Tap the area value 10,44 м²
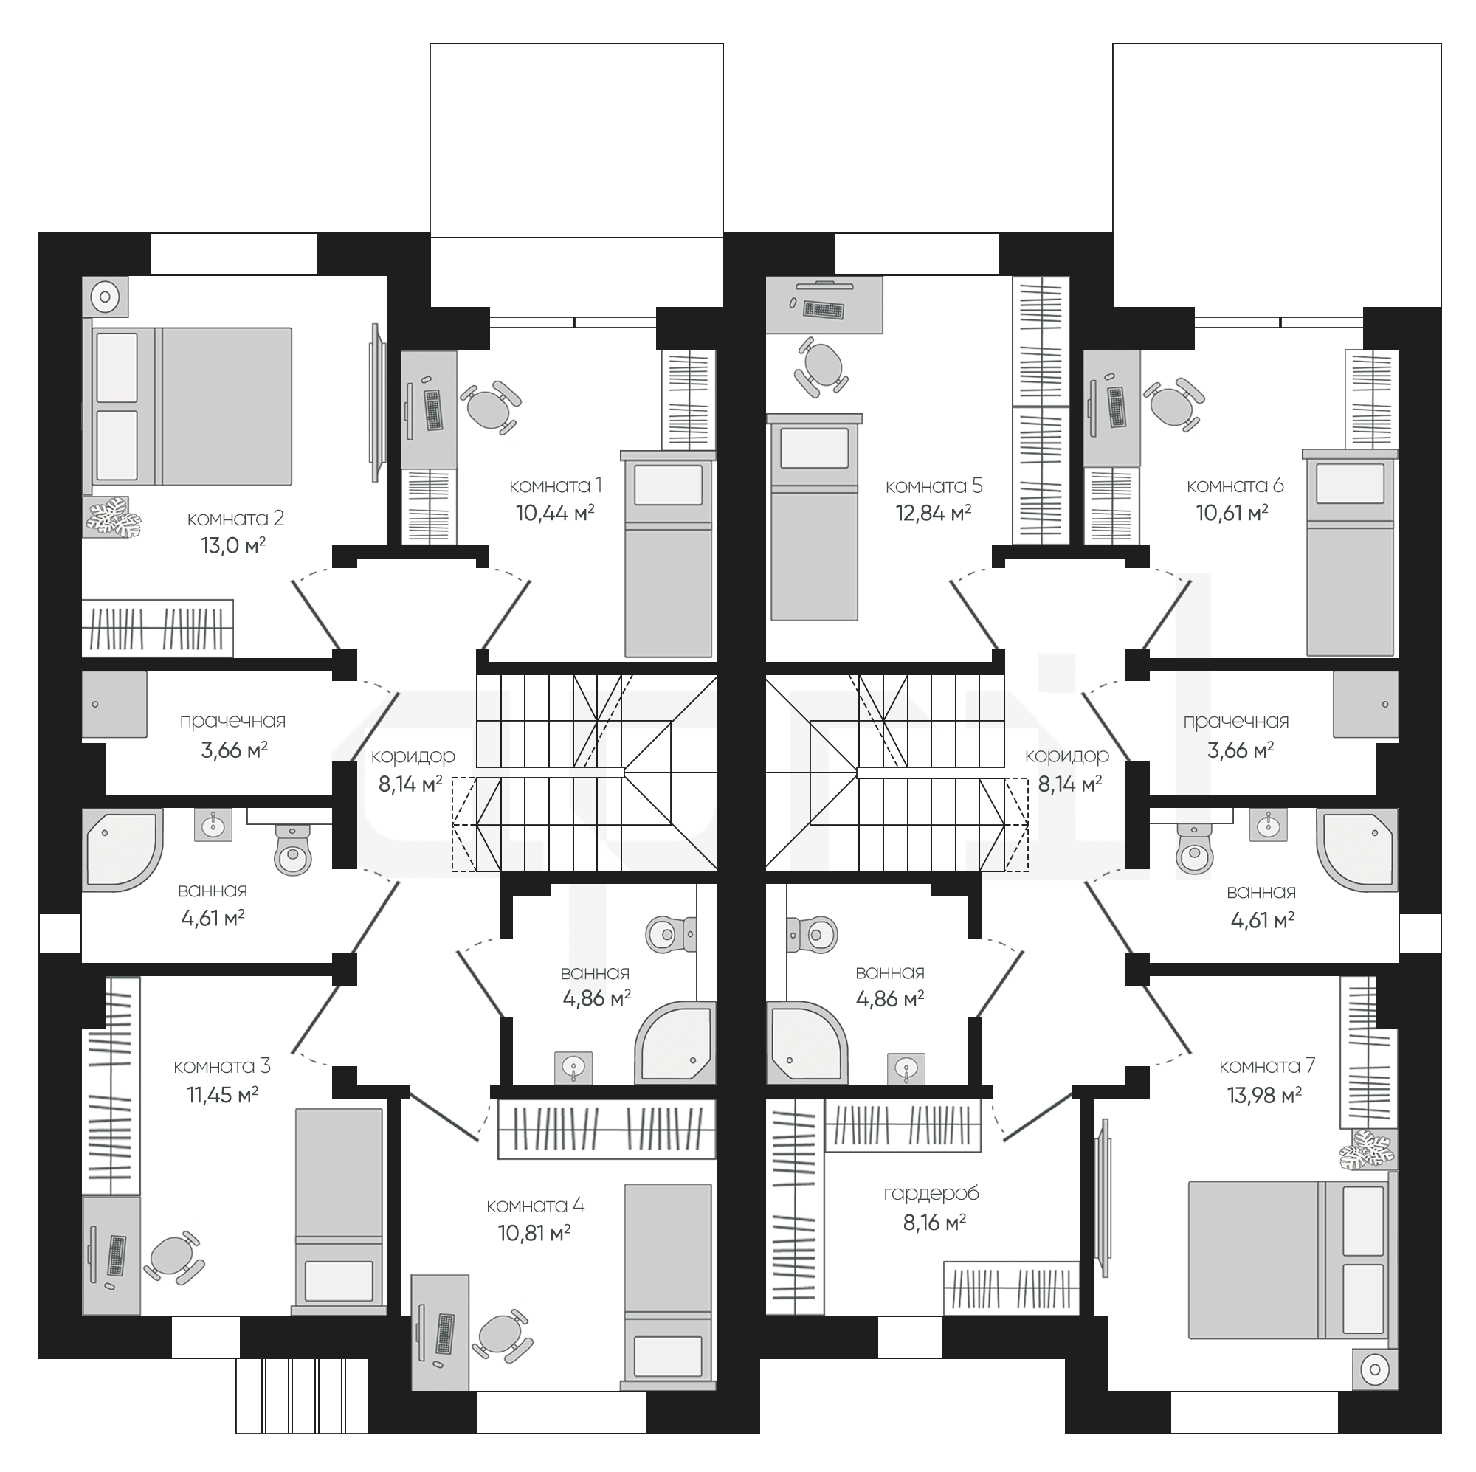click(555, 513)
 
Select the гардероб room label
click(931, 1193)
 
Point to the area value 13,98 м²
click(1264, 1096)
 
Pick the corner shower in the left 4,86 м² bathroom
click(675, 1043)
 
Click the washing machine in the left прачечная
click(114, 705)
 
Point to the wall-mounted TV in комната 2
click(375, 403)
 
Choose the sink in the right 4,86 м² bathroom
click(906, 1067)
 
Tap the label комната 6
click(1235, 485)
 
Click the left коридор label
click(413, 756)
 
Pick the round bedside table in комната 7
click(1375, 1391)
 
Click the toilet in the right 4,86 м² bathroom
click(812, 934)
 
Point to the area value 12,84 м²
click(934, 513)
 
